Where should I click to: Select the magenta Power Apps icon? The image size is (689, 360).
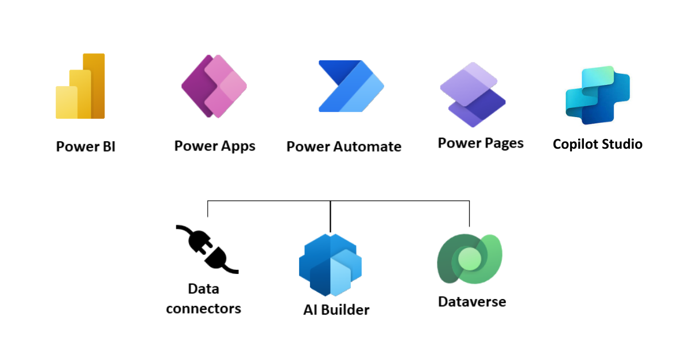tap(214, 86)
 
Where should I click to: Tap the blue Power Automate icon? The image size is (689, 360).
tap(351, 86)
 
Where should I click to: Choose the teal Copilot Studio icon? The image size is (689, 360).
tap(597, 95)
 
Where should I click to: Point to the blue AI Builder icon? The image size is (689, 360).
tap(330, 264)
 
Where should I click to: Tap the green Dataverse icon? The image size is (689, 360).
tap(470, 260)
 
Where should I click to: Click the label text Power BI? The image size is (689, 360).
tap(86, 146)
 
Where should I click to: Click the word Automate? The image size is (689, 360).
tap(369, 146)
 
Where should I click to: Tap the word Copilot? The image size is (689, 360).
tap(575, 144)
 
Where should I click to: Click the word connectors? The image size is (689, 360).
tap(203, 308)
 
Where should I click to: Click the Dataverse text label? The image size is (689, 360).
tap(472, 301)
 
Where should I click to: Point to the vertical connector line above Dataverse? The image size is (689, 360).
tap(470, 214)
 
